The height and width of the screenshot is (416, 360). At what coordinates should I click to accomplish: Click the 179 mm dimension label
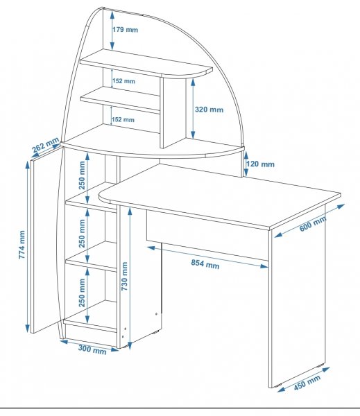(125, 29)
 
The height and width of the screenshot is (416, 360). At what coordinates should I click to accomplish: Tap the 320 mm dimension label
(209, 110)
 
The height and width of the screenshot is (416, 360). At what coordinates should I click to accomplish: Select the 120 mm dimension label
(260, 164)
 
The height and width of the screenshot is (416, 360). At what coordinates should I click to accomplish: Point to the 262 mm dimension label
(45, 145)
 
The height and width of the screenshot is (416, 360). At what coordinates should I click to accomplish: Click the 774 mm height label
(22, 245)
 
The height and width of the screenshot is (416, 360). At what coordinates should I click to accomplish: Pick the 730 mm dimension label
(125, 276)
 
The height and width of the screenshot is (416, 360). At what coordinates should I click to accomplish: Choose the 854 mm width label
(205, 264)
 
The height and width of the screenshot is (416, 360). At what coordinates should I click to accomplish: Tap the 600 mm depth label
(313, 224)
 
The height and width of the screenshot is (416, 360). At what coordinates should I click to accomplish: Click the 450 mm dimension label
(307, 383)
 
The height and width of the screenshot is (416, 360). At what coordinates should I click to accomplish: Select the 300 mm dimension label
(92, 349)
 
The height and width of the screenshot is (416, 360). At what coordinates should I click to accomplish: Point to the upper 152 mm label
(123, 80)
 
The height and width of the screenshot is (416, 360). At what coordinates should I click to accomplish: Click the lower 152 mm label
(123, 119)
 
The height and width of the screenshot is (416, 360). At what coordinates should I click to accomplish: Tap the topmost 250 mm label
(82, 175)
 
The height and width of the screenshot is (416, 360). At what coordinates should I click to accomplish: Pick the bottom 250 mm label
(82, 293)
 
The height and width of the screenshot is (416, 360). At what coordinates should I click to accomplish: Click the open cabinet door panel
(46, 240)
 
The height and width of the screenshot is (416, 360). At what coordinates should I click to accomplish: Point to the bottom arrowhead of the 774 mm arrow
(27, 328)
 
